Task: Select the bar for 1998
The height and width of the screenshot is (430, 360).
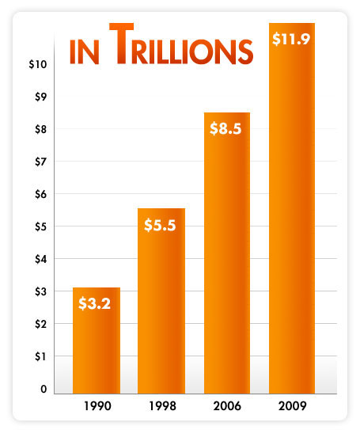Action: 161,317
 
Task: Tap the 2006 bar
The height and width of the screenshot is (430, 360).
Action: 226,261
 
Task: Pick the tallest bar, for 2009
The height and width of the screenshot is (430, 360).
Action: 292,222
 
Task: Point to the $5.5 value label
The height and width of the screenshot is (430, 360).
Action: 161,224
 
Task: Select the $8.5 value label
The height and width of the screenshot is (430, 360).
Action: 226,127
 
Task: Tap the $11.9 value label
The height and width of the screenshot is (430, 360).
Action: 292,38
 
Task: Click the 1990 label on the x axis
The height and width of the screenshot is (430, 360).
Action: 96,410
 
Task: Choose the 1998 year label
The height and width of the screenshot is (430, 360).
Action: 161,410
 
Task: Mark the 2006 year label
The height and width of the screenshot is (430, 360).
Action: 226,410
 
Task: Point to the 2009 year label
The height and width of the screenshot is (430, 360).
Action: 292,410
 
